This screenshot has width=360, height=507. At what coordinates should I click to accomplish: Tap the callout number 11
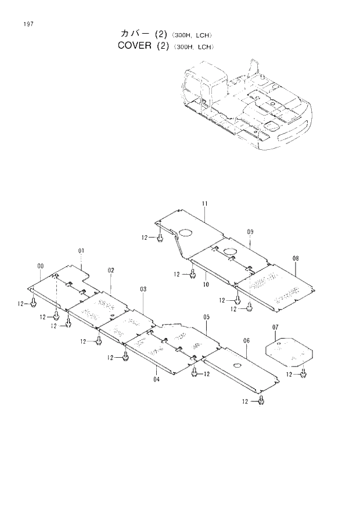205,203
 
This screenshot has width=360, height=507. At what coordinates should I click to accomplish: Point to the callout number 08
296,258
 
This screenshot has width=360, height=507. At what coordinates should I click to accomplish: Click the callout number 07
276,328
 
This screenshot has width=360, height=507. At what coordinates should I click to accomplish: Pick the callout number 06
246,340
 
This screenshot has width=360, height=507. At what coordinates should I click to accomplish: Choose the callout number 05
206,317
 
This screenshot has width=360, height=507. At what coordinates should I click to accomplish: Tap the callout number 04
156,379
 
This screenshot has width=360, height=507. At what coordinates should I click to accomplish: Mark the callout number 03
143,289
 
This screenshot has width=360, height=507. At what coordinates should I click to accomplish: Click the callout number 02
110,270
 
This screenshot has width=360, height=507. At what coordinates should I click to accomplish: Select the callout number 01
81,250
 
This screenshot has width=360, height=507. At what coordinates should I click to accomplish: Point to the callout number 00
40,266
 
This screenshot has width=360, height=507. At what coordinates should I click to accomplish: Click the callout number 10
206,284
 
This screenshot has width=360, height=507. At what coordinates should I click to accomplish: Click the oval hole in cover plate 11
185,232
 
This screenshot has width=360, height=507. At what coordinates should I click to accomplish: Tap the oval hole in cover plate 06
237,365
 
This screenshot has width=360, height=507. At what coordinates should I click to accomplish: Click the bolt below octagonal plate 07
303,375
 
